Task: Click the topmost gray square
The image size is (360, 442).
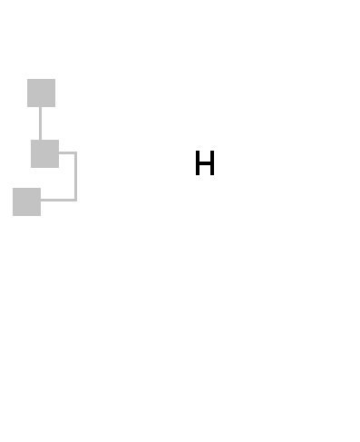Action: coord(41,93)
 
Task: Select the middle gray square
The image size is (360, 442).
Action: coord(44,153)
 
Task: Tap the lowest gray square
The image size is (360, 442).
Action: coord(26,201)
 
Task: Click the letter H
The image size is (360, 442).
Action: coord(205,162)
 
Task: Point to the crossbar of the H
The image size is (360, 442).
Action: coord(205,162)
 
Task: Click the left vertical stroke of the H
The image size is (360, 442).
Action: coord(198,162)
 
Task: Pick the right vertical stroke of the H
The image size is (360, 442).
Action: coord(213,162)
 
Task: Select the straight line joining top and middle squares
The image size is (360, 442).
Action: coord(40,123)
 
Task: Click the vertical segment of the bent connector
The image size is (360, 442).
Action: coord(76,176)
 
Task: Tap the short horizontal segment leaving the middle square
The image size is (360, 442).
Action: coord(68,152)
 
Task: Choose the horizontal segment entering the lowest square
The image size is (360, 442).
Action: coord(59,200)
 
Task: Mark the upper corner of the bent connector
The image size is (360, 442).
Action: coord(76,152)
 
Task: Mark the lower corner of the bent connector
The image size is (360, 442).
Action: coord(76,200)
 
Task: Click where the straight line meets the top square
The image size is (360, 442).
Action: coord(40,107)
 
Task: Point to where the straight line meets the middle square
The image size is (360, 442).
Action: coord(40,140)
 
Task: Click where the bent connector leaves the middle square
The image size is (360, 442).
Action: coord(59,152)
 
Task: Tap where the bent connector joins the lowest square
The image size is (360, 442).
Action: coord(41,200)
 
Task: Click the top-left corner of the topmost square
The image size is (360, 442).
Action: coord(27,79)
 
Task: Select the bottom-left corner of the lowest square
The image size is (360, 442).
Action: coord(13,216)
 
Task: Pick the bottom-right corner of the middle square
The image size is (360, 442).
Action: coord(59,168)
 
